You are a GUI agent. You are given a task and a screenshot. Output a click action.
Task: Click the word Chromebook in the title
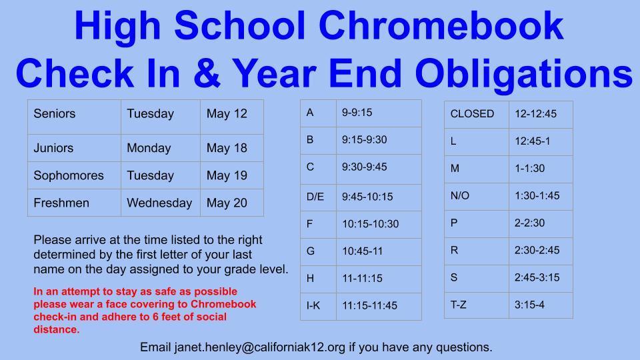point(441,25)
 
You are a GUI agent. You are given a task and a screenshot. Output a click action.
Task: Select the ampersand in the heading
point(207,73)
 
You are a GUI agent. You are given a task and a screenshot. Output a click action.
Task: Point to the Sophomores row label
point(69,175)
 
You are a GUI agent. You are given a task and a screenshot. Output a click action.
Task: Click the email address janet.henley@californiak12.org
point(259,347)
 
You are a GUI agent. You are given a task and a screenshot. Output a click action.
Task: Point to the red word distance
point(56,329)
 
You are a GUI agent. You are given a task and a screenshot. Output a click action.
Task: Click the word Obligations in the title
point(524,73)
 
